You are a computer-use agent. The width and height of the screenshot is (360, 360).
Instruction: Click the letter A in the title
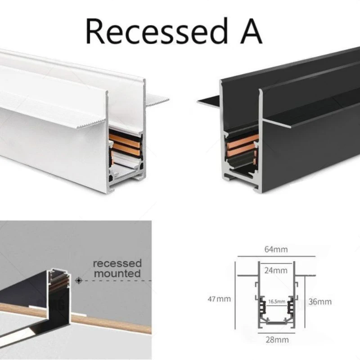251,31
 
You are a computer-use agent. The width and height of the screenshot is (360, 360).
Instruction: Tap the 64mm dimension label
276,249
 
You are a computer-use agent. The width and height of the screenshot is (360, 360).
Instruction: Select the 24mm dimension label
276,270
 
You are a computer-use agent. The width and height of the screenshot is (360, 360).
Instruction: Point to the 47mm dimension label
219,299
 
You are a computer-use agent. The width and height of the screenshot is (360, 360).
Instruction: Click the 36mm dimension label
320,301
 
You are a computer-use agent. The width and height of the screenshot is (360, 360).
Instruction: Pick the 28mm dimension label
277,340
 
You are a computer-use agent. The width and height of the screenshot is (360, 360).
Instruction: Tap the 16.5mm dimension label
277,301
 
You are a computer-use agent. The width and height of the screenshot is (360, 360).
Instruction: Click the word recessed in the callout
117,263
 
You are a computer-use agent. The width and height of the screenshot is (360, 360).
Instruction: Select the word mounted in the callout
117,274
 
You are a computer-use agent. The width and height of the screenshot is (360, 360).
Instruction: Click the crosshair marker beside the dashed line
79,280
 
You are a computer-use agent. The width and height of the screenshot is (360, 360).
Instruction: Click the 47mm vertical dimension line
235,295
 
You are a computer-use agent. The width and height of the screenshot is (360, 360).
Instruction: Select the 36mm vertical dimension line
305,301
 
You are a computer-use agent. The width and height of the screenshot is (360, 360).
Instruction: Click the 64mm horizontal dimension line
276,256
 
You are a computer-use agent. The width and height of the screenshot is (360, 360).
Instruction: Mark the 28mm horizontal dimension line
276,333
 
